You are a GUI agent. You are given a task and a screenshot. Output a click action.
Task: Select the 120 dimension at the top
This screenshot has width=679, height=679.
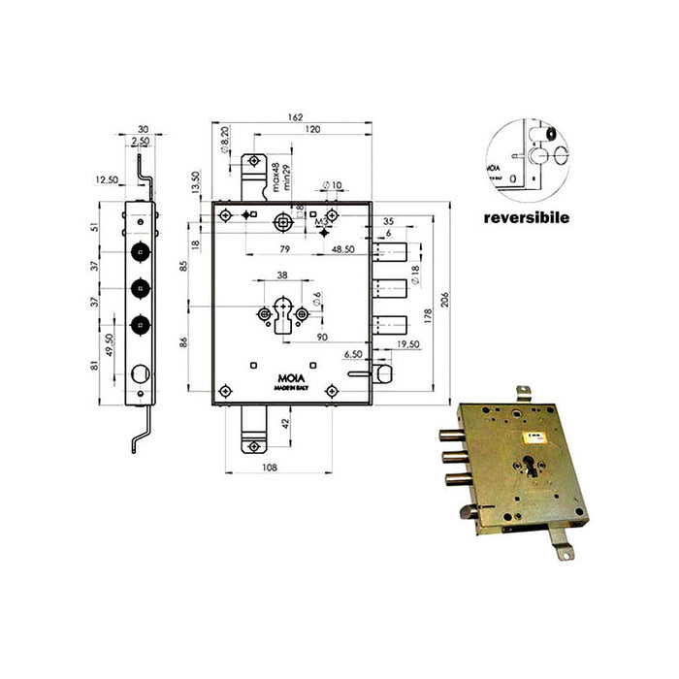pos(311,129)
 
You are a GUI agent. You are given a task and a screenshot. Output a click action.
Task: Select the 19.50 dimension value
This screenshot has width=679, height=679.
pos(408,343)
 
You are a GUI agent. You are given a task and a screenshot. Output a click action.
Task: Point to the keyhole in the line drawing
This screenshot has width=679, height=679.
pos(282,317)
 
